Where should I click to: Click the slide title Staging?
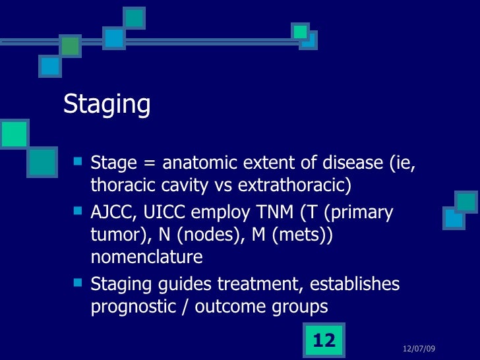[x=107, y=104]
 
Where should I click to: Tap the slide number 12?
[x=324, y=340]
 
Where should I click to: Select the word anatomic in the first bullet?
[x=196, y=162]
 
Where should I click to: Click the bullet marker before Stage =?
[x=78, y=160]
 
